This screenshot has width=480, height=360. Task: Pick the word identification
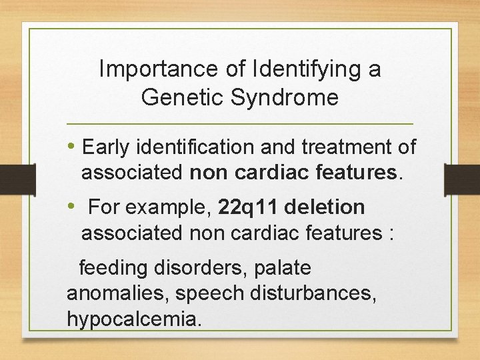click(196, 147)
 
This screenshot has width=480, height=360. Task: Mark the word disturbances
click(311, 294)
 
